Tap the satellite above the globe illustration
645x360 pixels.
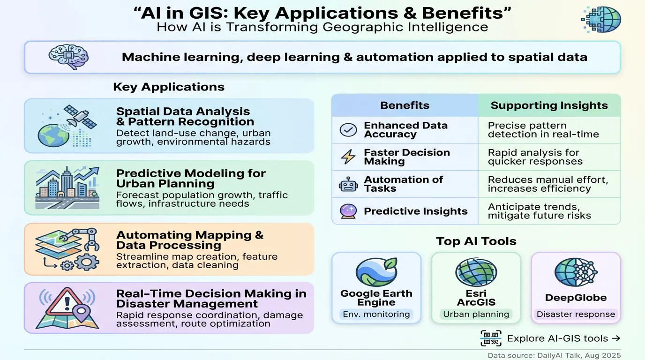pos(80,117)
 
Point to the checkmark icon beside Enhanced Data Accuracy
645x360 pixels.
pos(348,130)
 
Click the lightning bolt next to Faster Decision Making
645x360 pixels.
pos(348,157)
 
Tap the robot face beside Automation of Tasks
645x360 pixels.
pos(348,184)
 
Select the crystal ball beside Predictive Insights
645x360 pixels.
pos(348,211)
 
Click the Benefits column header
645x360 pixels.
pos(405,105)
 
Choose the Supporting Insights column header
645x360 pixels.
pos(549,105)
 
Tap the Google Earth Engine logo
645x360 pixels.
pos(376,272)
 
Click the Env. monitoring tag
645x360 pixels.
pos(376,314)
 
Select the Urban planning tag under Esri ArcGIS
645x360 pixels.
pos(476,314)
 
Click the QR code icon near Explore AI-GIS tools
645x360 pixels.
pos(491,338)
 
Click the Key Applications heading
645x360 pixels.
pos(169,87)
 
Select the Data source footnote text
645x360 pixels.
pos(554,355)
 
